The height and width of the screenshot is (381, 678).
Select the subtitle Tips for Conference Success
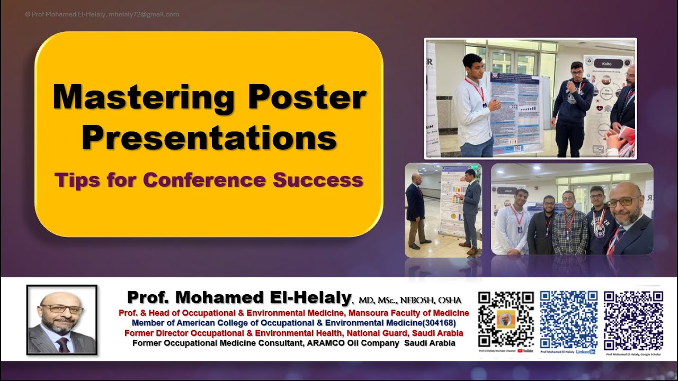[209, 180]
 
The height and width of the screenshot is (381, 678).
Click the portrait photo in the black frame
[62, 320]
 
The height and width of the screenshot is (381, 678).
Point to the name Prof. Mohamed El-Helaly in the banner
[239, 297]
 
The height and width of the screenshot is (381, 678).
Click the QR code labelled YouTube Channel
[505, 319]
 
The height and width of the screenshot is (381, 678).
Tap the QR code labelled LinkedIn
[569, 319]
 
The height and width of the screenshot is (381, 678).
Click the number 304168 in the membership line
[437, 323]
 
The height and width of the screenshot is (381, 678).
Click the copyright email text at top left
[102, 14]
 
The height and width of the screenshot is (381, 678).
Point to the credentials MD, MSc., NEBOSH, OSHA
[410, 300]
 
